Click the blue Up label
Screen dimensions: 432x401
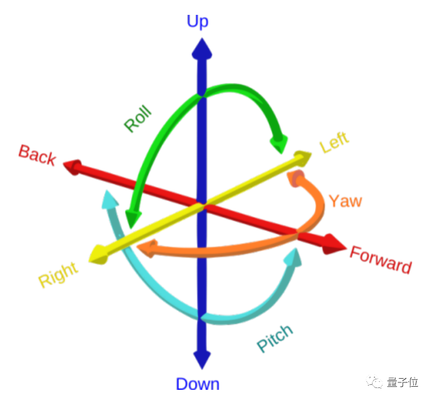tap(197, 22)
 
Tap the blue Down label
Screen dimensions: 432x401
tap(197, 384)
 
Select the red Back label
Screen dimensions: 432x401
tap(37, 155)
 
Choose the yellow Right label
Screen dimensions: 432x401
tap(58, 275)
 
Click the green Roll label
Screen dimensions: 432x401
tap(137, 120)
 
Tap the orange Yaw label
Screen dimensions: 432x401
tap(345, 201)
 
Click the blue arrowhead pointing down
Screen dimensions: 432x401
tap(201, 360)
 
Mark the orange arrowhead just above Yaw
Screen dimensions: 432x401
tap(298, 178)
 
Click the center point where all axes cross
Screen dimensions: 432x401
tap(201, 204)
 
